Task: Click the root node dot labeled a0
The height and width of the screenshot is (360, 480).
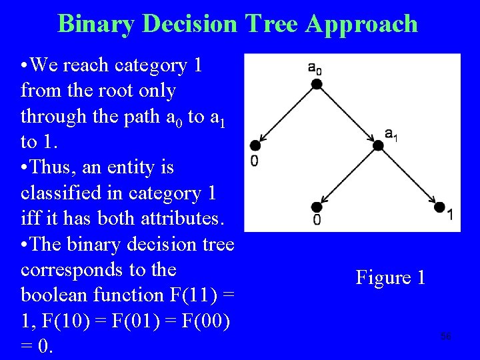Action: (317, 83)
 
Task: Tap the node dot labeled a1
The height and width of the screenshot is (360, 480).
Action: (378, 145)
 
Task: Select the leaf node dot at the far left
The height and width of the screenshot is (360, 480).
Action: (255, 145)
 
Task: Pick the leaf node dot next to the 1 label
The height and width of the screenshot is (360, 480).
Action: (439, 207)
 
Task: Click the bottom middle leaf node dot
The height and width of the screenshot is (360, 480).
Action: (317, 207)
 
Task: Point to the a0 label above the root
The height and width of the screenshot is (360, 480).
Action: (315, 67)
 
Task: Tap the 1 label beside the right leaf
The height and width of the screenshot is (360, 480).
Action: (451, 215)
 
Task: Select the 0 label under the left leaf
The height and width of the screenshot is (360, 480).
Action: (255, 161)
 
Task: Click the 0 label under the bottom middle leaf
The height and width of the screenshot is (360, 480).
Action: (317, 220)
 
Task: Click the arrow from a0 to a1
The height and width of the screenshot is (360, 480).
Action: (347, 115)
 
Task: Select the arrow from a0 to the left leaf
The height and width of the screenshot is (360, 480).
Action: (286, 115)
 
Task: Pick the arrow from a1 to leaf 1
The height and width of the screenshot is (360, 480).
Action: (409, 177)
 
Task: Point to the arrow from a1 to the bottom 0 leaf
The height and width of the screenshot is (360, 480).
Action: (347, 176)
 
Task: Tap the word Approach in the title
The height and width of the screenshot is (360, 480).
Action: (362, 24)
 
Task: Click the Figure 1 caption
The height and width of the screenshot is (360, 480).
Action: (390, 277)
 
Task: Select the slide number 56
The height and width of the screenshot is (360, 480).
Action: (445, 337)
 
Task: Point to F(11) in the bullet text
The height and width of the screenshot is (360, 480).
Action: (167, 295)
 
